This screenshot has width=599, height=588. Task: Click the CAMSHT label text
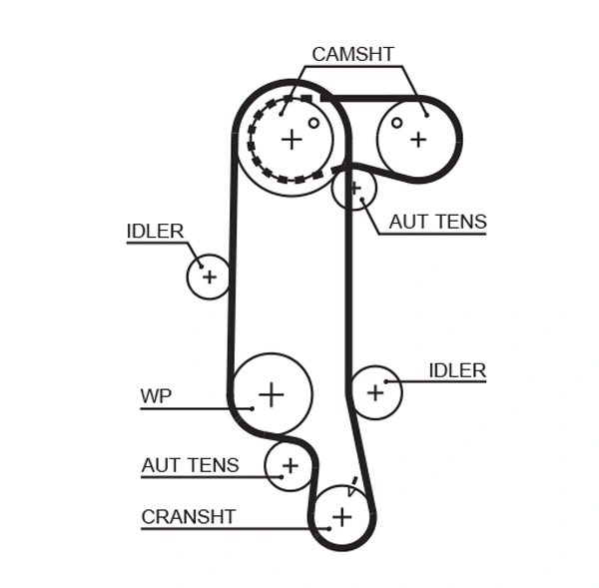[352, 54]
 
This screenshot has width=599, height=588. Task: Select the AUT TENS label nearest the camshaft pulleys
[437, 222]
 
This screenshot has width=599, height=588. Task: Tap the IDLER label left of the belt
[155, 232]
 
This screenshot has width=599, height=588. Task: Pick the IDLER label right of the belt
[456, 370]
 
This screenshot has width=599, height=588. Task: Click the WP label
[156, 396]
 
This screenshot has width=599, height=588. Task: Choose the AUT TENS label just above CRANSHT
[190, 465]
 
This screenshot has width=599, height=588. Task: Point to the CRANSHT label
[188, 516]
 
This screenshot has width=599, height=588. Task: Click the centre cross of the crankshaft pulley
[342, 516]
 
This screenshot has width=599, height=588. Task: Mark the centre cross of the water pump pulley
[271, 393]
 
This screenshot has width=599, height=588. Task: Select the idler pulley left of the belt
[209, 277]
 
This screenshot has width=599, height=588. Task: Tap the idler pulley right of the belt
[375, 391]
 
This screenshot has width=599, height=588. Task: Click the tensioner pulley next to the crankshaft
[289, 465]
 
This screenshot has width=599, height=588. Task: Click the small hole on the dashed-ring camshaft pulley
[313, 123]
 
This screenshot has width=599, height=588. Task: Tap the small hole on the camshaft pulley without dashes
[396, 123]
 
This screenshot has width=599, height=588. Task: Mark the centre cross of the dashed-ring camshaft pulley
[291, 139]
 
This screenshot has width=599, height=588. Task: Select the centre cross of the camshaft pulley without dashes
[417, 139]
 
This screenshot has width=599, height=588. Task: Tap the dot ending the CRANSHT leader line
[326, 528]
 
